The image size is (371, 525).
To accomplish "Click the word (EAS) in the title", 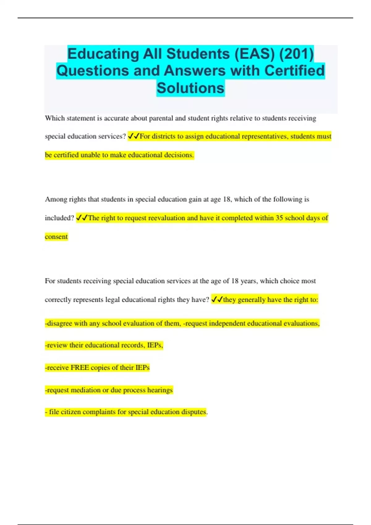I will [254, 54].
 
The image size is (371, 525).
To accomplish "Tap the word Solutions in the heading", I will [190, 88].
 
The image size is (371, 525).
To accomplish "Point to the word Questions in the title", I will [93, 71].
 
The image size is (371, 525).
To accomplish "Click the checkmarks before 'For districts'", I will [134, 136].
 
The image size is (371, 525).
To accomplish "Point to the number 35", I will [279, 218].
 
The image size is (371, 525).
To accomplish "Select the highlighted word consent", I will [56, 237].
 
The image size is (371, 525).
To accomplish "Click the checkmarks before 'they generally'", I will [217, 300].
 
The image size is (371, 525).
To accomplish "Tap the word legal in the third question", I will [113, 300].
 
